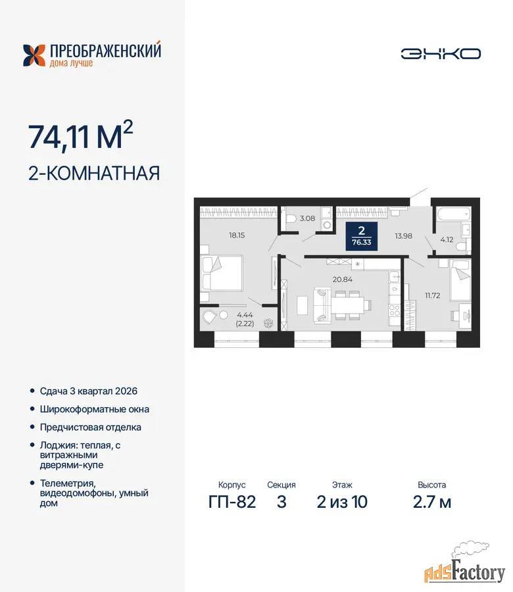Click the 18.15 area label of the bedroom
(237, 235)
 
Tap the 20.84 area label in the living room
(343, 280)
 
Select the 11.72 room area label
(433, 295)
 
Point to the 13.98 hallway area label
(404, 236)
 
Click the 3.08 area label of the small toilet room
(307, 218)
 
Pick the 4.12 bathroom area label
(447, 239)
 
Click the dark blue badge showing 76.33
(362, 236)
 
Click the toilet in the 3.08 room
(291, 218)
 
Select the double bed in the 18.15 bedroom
(221, 274)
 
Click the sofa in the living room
(323, 305)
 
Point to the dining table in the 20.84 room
(348, 305)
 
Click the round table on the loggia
(224, 314)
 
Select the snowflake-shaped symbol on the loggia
(268, 323)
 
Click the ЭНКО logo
(441, 54)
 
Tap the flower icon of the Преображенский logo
(34, 55)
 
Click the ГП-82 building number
(232, 502)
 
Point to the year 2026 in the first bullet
(126, 391)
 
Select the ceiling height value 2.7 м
(432, 502)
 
